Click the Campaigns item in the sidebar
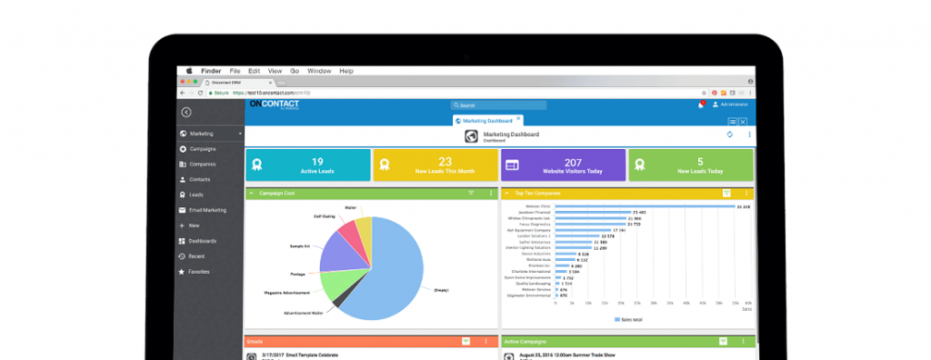(202, 148)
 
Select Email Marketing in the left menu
(207, 210)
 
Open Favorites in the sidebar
(198, 272)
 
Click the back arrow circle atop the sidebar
(185, 112)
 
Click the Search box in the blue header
(500, 105)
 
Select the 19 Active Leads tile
(307, 165)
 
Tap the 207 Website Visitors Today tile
(561, 165)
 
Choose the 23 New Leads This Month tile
(434, 165)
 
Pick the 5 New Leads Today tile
(691, 165)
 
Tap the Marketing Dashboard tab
(486, 120)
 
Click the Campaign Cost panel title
(277, 193)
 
